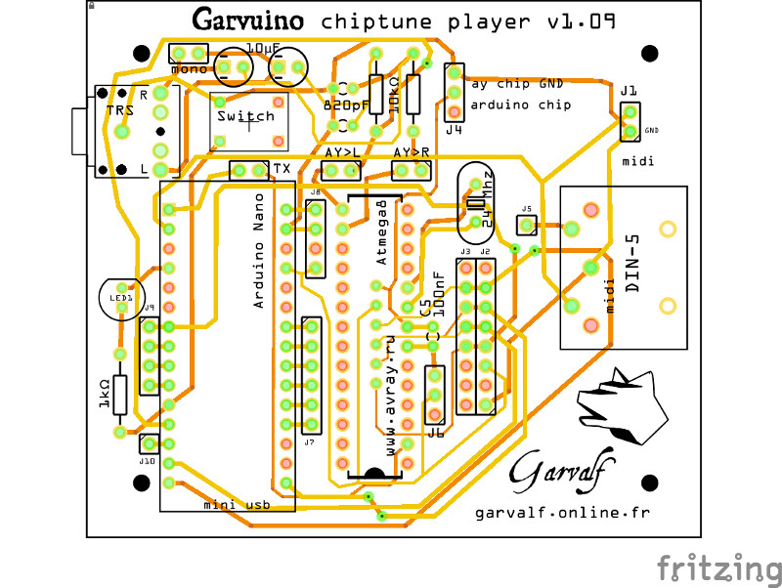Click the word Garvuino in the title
[x=248, y=20]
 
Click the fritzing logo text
[x=718, y=567]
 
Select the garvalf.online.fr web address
[x=562, y=512]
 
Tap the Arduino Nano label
[x=259, y=263]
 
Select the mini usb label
[x=236, y=504]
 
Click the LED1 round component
[x=120, y=297]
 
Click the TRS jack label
[x=119, y=110]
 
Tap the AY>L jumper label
[x=342, y=153]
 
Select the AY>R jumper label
[x=412, y=153]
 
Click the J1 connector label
[x=628, y=91]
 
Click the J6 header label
[x=435, y=432]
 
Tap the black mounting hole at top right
[x=650, y=53]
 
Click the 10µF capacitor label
[x=263, y=47]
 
